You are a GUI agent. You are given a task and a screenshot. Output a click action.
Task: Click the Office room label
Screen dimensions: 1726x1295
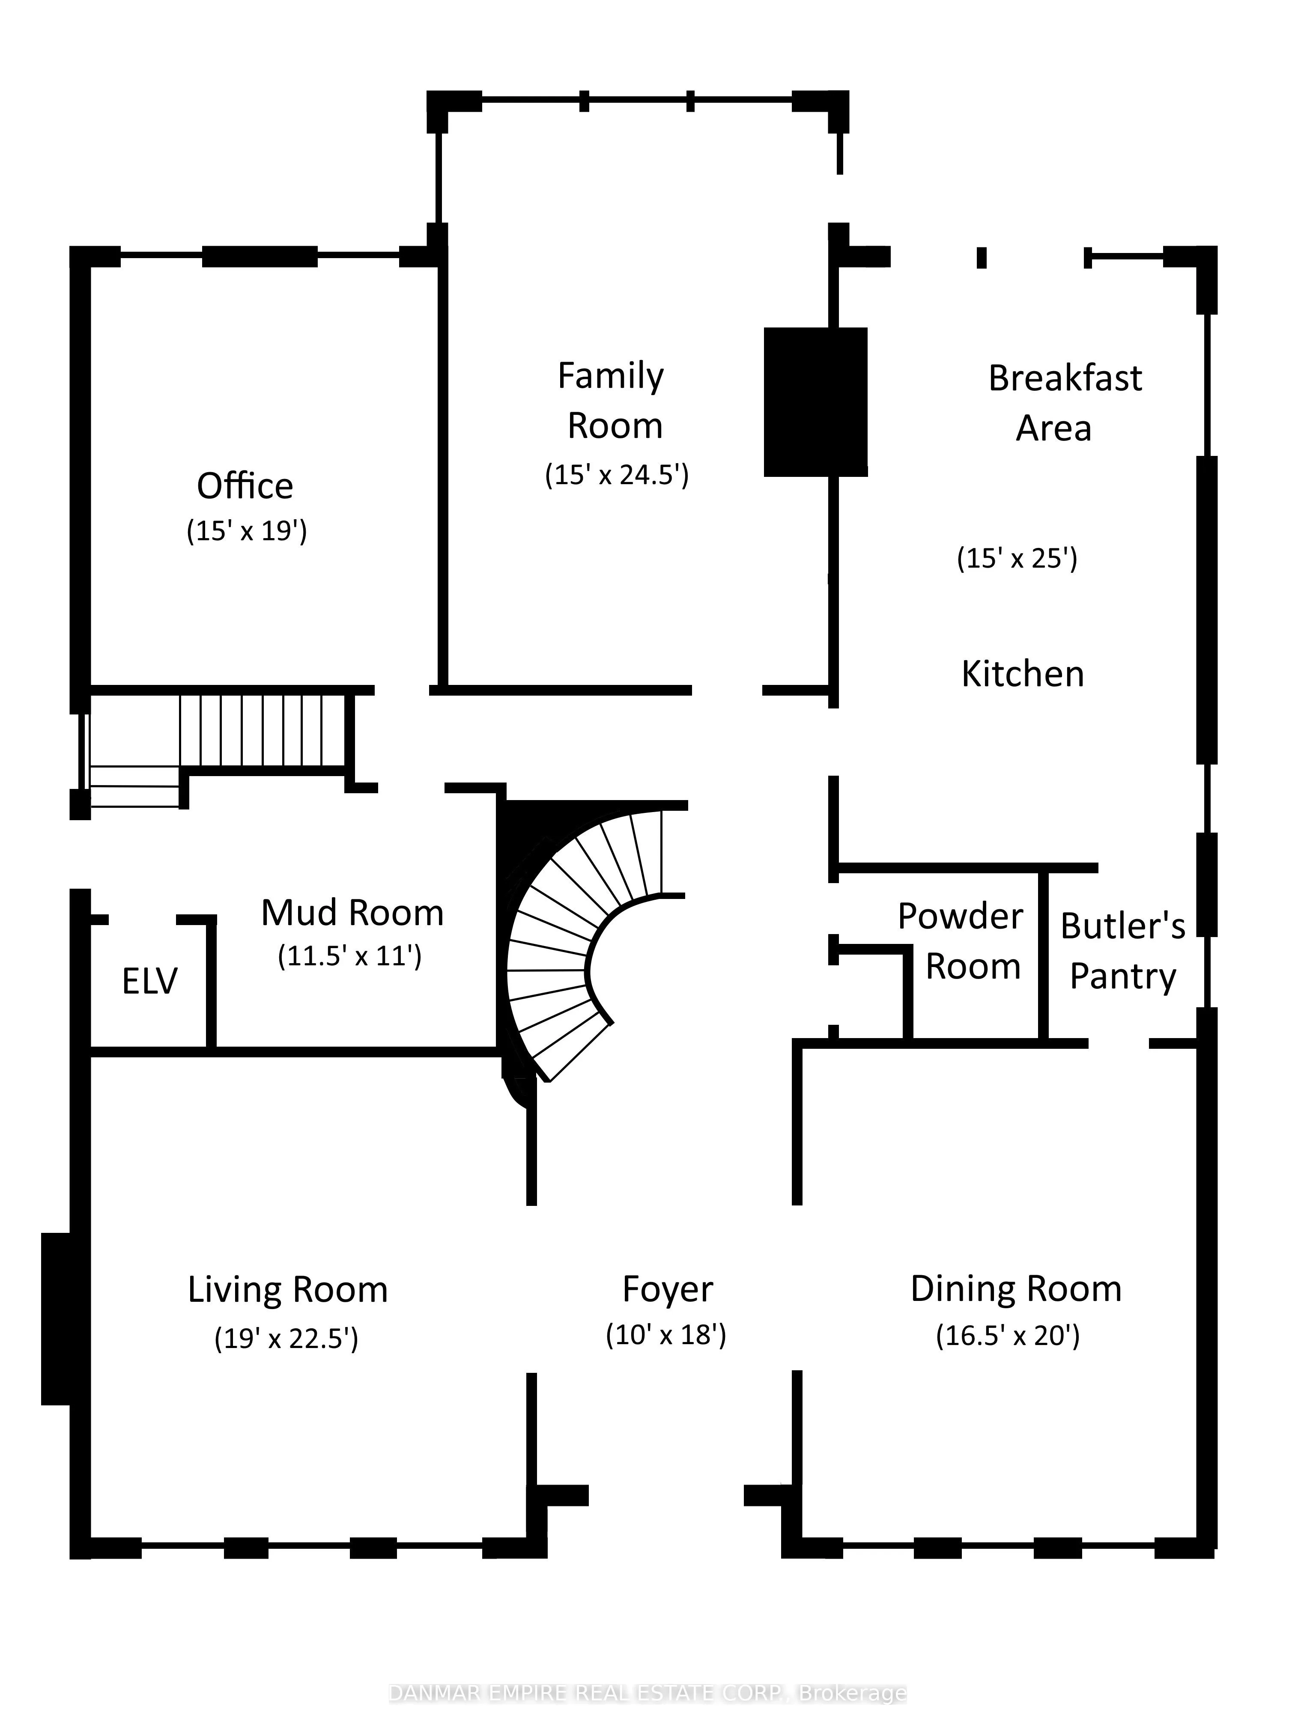point(245,486)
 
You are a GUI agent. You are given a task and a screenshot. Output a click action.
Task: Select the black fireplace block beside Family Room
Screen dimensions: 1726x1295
point(815,402)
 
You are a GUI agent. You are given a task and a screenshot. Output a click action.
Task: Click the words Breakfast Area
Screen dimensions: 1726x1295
point(1063,403)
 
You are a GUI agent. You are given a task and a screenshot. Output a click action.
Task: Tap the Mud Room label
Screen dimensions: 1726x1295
point(352,912)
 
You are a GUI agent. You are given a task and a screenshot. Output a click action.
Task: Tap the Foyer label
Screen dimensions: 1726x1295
point(667,1289)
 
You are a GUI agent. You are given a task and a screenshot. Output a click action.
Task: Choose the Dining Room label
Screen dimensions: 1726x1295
point(1015,1288)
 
